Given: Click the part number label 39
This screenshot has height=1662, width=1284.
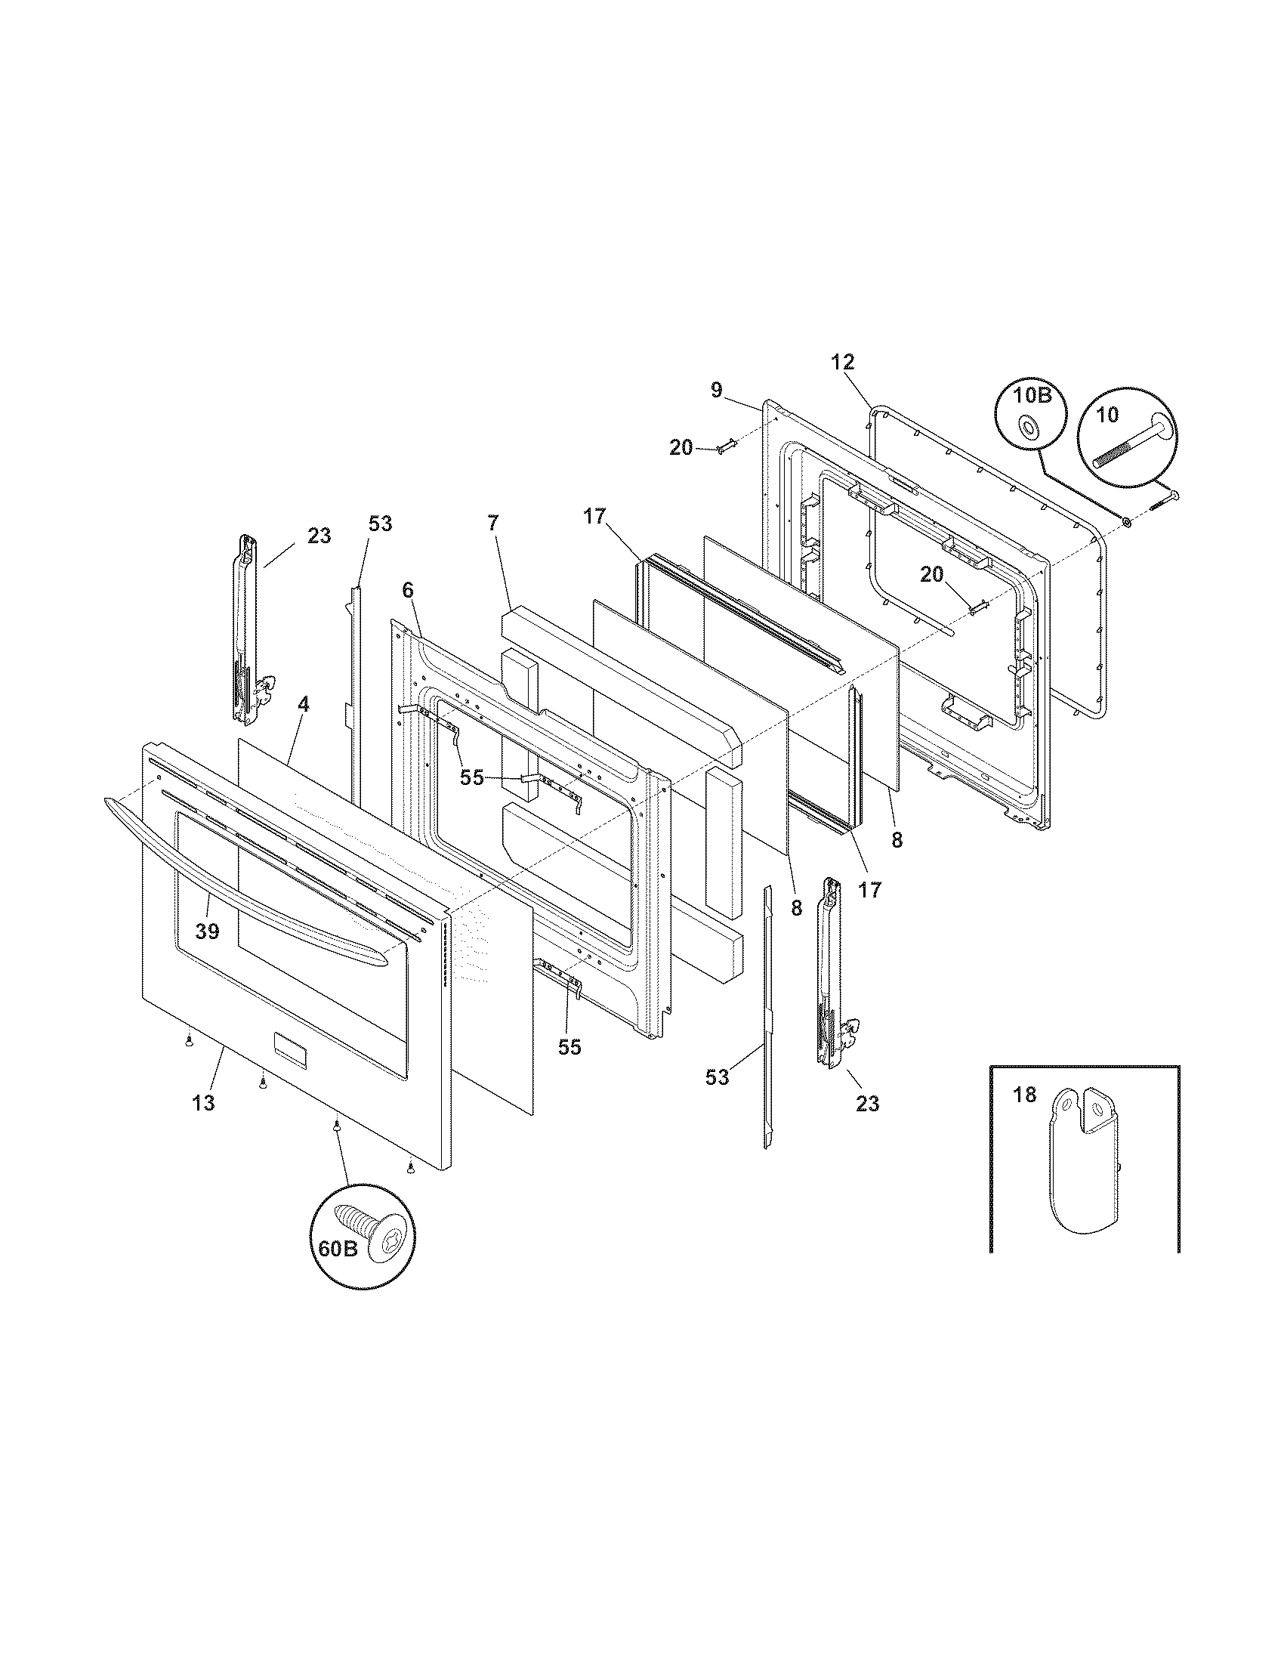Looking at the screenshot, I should (x=207, y=931).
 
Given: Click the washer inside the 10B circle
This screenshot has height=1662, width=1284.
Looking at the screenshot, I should (x=1029, y=428).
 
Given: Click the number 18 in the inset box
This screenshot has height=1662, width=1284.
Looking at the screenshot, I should (x=1025, y=1095).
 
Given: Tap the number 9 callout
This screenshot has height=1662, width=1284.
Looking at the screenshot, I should (x=716, y=391).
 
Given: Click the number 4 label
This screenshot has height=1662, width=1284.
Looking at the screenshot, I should (x=303, y=704).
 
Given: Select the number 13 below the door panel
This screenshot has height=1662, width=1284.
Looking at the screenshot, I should (x=203, y=1103).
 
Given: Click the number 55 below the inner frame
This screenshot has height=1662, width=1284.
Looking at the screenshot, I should (x=569, y=1047).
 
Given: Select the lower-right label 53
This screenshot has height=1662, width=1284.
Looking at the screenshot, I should (x=717, y=1077).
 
